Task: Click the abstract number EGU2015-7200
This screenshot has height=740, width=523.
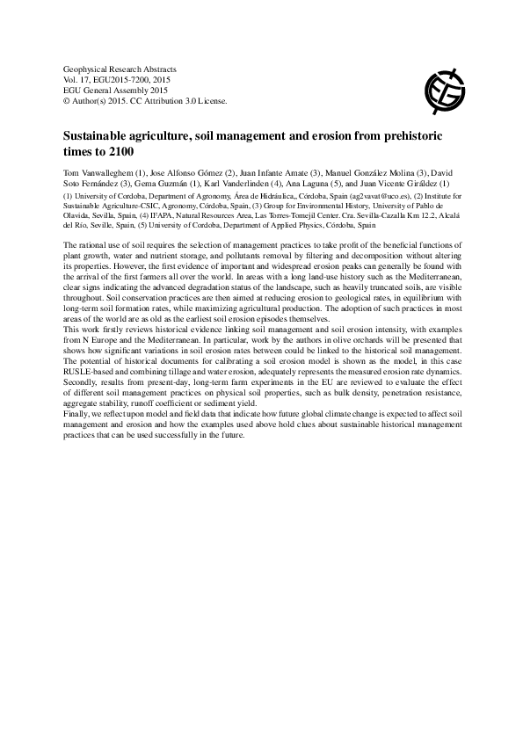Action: coord(123,79)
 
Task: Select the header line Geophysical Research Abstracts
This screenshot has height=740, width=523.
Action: coord(120,68)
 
